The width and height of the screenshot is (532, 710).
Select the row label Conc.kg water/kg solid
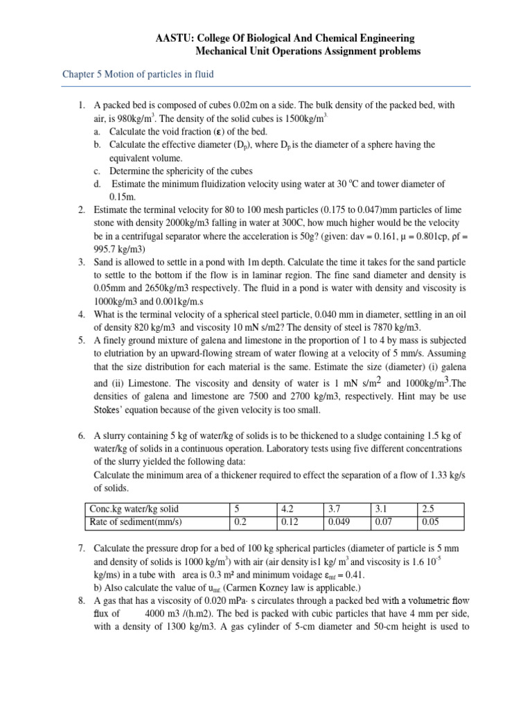(x=134, y=508)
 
